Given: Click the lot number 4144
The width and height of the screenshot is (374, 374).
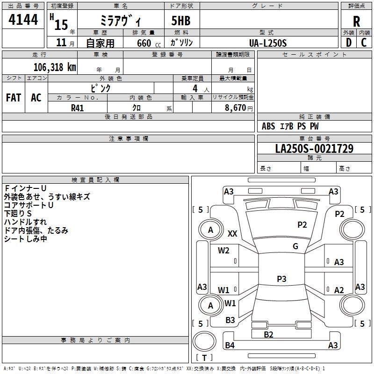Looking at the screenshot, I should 23,19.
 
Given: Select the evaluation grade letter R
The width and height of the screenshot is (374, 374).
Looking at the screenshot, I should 357,21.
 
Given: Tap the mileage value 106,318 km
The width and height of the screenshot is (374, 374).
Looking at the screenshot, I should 55,67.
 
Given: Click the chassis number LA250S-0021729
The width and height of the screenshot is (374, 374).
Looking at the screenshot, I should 314,149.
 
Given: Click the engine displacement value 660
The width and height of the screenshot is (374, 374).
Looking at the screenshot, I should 144,43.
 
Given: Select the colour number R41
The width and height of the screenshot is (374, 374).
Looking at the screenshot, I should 78,108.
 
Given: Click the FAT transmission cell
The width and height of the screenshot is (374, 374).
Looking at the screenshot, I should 13,98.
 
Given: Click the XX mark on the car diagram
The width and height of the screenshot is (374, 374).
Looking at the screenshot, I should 232,233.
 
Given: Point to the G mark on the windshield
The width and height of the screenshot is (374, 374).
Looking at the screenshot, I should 295,246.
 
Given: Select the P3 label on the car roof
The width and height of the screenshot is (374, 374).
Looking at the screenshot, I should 281,279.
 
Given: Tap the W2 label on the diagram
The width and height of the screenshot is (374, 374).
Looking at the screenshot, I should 223,251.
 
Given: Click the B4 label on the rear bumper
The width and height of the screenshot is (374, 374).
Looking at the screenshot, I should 230,345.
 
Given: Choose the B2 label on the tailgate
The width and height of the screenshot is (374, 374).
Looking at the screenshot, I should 268,334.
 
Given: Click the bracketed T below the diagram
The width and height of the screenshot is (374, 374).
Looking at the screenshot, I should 204,358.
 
